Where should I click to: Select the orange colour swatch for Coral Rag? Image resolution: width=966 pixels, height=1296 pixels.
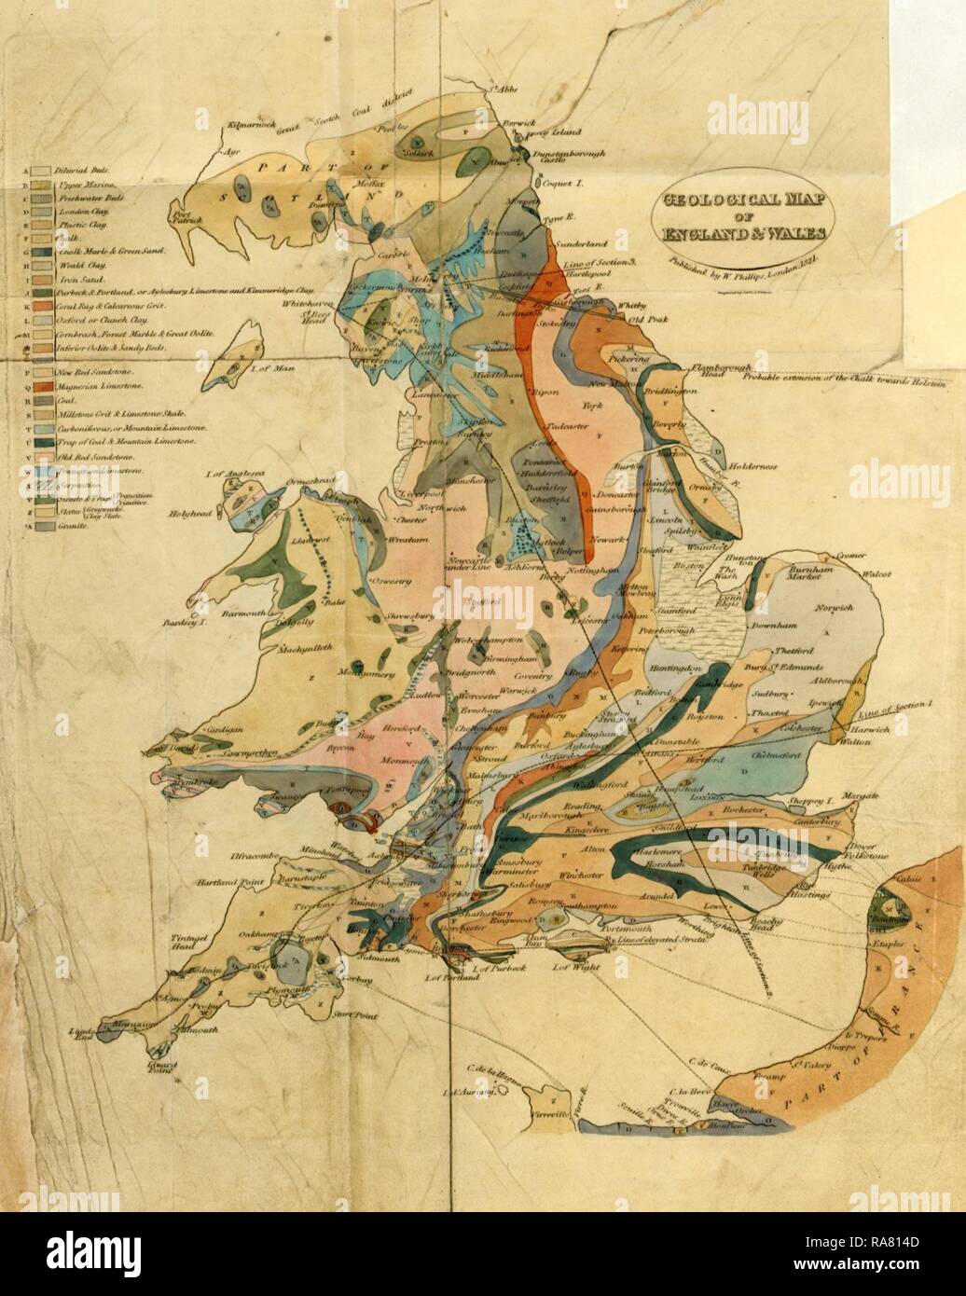point(40,305)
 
